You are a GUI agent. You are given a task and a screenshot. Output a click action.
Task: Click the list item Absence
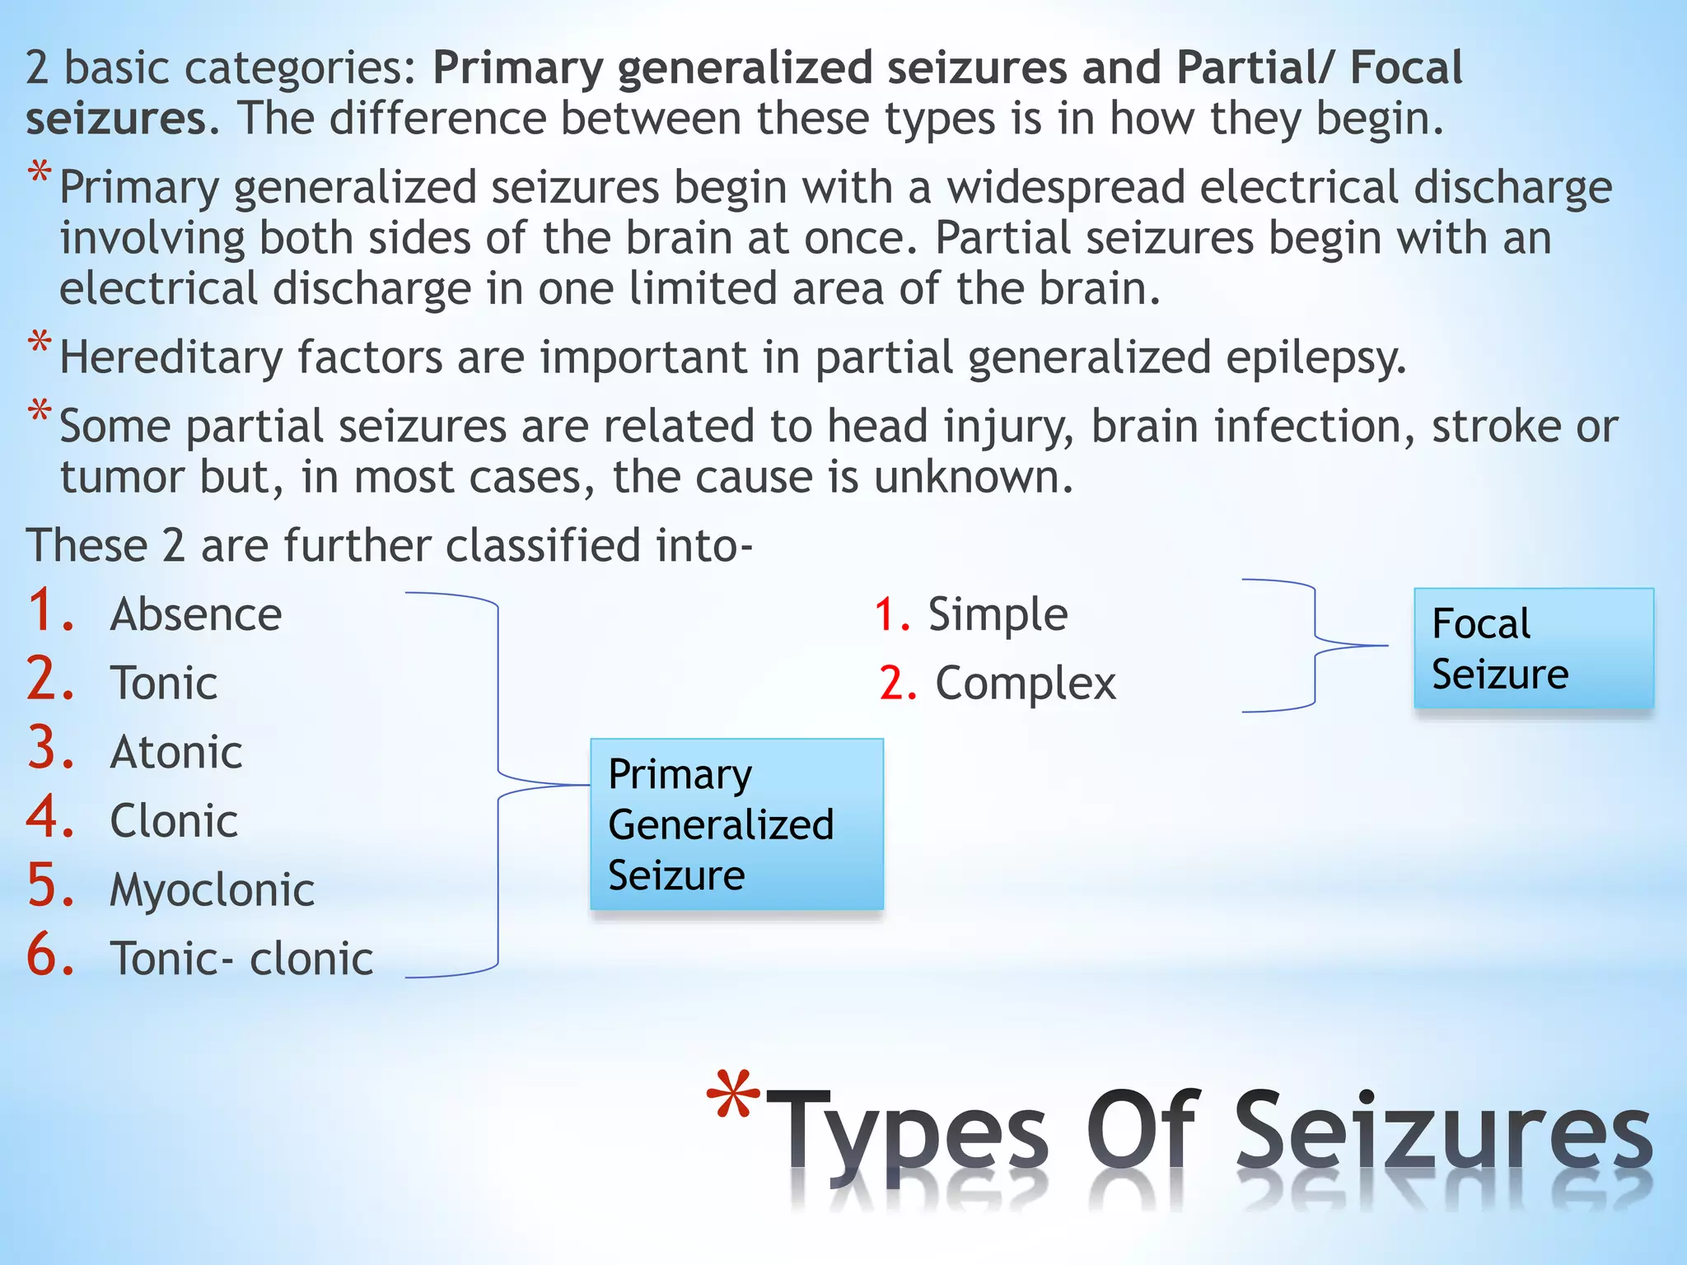[196, 614]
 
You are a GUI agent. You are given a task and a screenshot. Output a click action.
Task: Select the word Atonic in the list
[176, 753]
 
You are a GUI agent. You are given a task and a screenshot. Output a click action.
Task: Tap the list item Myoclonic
[212, 890]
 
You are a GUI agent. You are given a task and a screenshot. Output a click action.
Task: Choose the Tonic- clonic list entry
[241, 959]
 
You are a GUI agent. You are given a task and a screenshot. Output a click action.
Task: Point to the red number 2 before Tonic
[49, 680]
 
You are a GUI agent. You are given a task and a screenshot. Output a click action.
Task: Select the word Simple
[998, 614]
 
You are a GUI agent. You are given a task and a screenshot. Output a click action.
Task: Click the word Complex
[1026, 684]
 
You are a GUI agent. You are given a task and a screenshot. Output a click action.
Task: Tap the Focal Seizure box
[1533, 648]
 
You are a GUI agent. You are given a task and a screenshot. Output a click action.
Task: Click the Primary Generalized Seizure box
[736, 824]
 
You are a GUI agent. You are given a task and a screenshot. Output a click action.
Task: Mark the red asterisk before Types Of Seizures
[733, 1097]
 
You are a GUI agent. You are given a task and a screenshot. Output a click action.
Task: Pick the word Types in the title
[912, 1132]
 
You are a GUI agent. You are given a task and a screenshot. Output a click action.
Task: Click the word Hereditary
[171, 358]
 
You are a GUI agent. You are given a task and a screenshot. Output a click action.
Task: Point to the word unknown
[973, 477]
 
